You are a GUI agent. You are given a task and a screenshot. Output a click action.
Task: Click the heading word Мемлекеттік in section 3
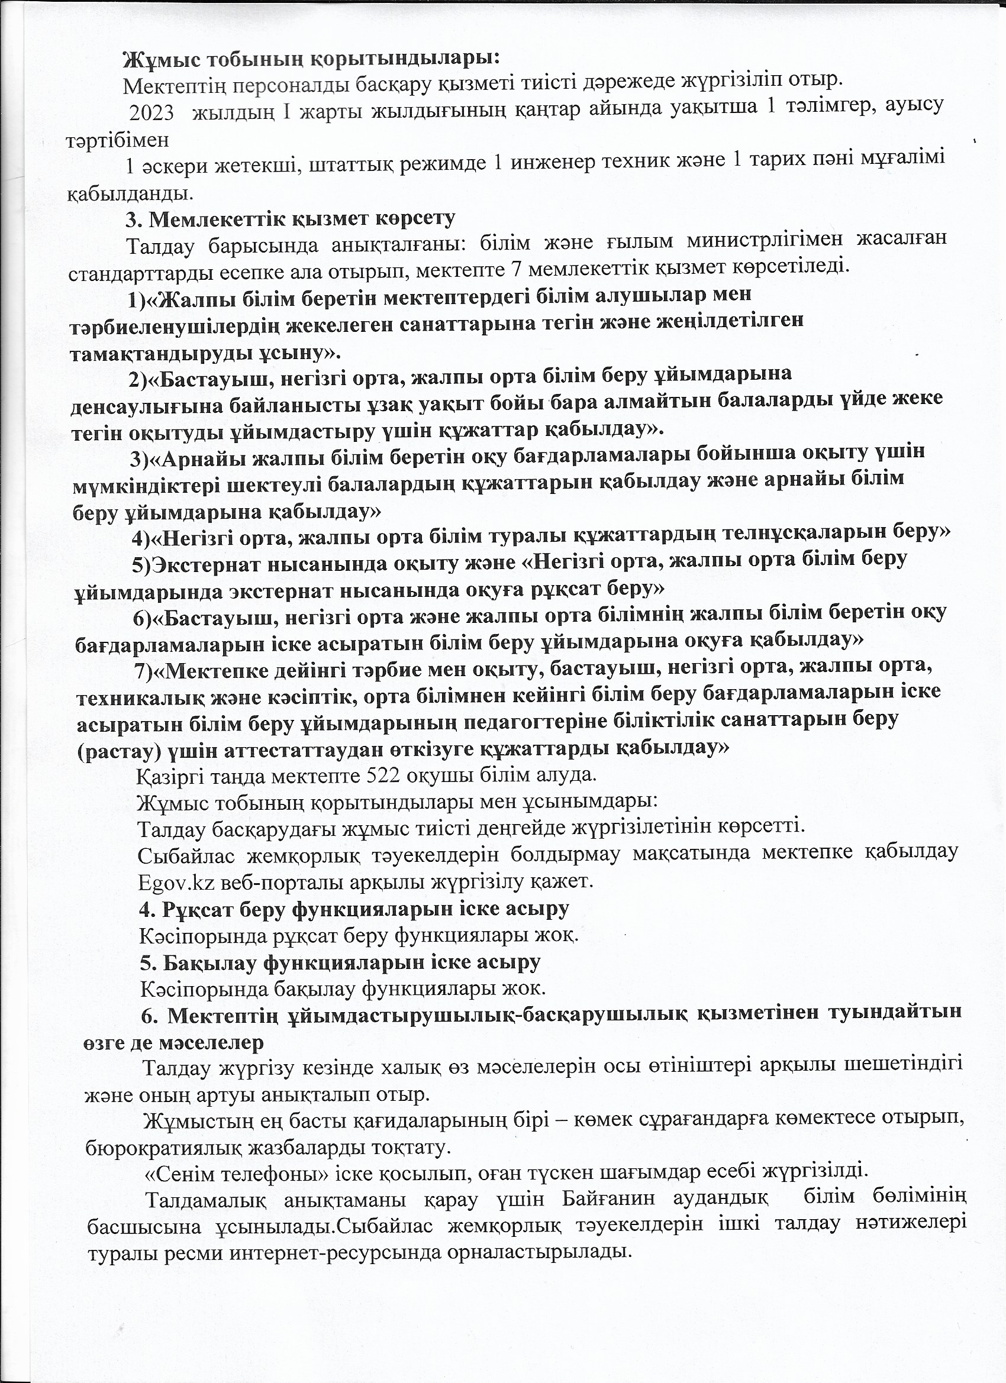217,219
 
